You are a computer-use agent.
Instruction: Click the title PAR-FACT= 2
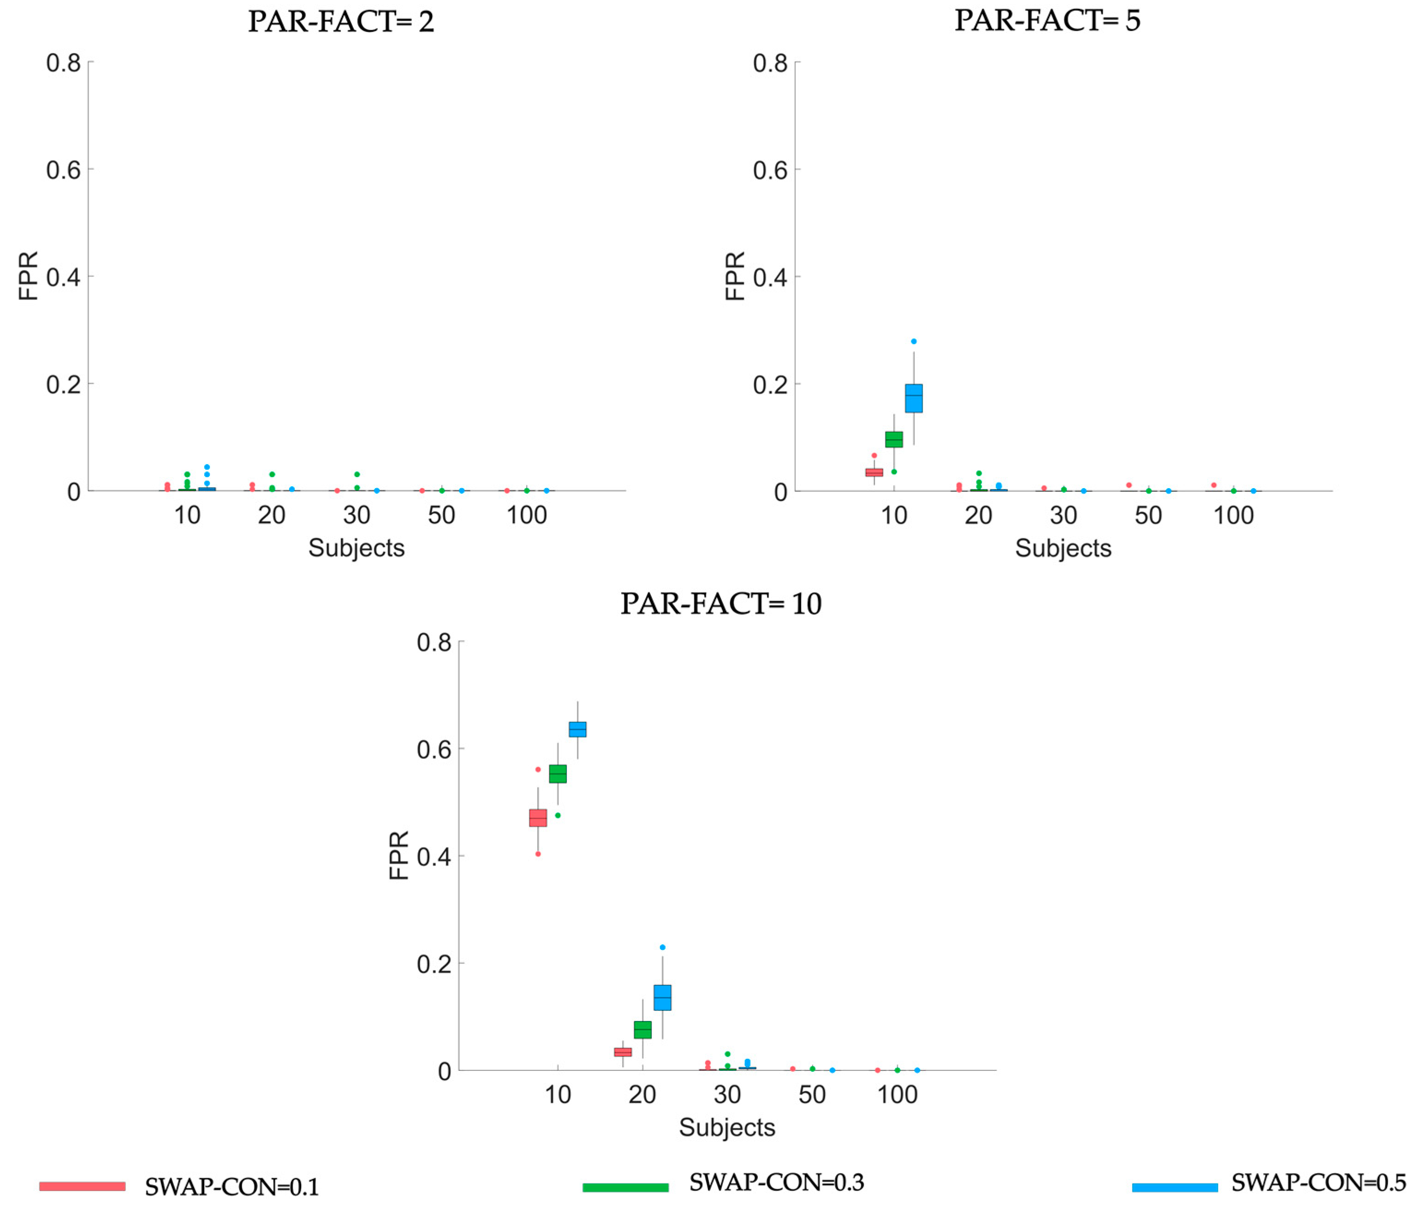coord(340,21)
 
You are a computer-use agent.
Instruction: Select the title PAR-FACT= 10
coord(721,603)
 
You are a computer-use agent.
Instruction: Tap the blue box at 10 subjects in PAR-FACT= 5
coord(914,398)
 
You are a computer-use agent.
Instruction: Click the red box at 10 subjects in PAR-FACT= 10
coord(538,818)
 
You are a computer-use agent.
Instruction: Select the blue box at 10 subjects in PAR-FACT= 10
coord(577,729)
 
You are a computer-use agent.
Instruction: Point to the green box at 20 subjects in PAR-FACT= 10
coord(642,1029)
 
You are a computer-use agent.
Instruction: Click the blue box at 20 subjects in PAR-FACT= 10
coord(662,997)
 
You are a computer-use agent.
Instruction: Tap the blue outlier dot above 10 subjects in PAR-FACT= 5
coord(914,341)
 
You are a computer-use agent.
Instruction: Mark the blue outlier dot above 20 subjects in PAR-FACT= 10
coord(662,947)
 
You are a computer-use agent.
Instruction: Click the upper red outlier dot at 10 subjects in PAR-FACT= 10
coord(538,769)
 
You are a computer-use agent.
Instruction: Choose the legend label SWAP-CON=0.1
coord(232,1187)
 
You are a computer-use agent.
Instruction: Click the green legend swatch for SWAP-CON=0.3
coord(625,1187)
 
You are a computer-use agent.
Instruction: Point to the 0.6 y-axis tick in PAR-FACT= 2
coord(63,170)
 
